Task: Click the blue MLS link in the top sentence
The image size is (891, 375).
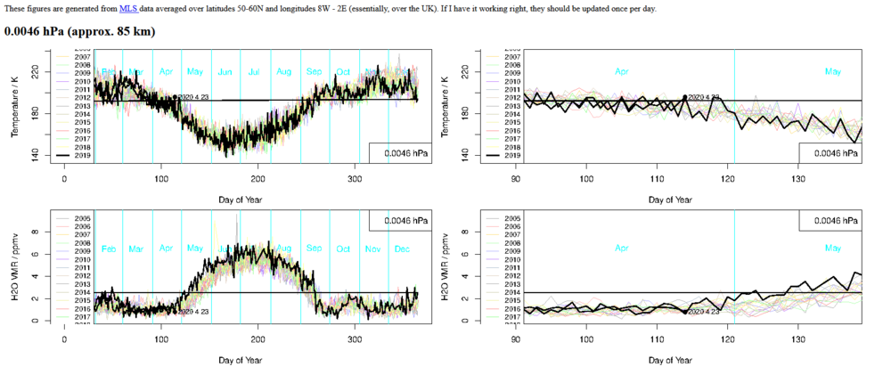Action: point(128,8)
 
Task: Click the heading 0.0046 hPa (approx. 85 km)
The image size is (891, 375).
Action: point(79,31)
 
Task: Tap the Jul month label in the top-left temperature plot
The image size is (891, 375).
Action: point(255,71)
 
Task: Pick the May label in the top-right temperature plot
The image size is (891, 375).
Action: point(833,71)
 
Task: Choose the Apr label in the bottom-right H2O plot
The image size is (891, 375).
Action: point(623,249)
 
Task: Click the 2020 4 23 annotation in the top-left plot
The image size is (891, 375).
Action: point(192,97)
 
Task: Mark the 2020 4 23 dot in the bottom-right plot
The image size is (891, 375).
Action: point(685,312)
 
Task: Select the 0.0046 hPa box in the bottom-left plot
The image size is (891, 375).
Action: point(398,220)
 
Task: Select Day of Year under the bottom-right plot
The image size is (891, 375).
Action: point(668,361)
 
